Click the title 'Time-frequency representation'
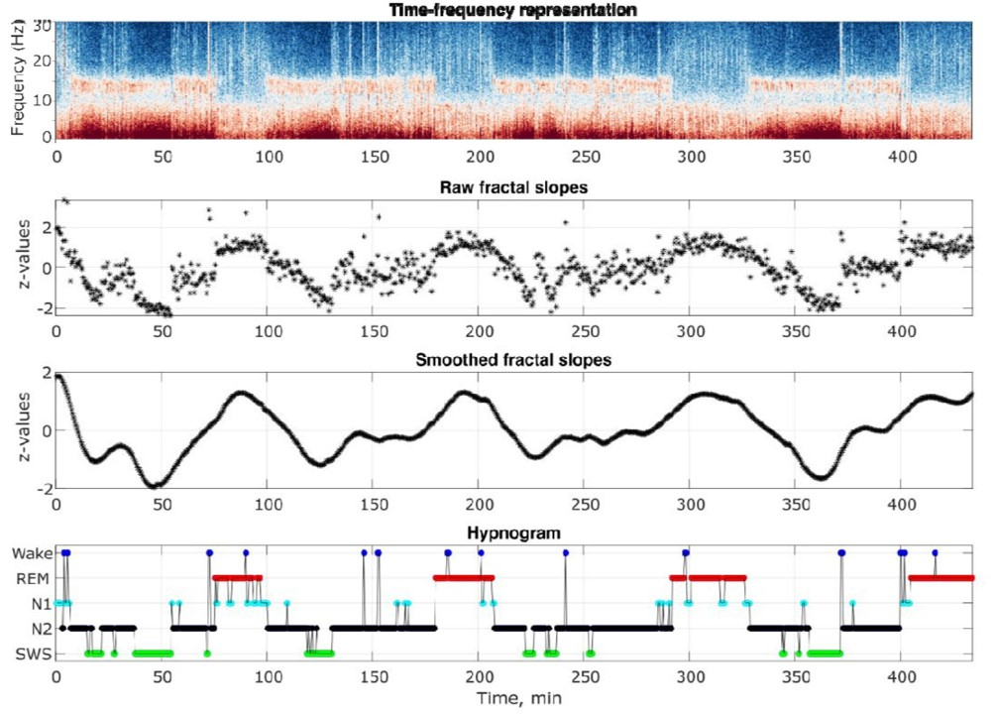[x=513, y=10]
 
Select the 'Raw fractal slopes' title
[x=514, y=185]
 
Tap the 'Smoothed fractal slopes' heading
[x=513, y=359]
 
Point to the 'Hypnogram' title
[x=514, y=534]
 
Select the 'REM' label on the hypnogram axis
[x=31, y=577]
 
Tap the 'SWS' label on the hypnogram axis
[x=31, y=654]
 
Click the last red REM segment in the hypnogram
[x=942, y=577]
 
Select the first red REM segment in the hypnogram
[x=237, y=577]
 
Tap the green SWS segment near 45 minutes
[x=153, y=654]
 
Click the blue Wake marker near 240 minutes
[x=565, y=552]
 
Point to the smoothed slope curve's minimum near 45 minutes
[x=152, y=486]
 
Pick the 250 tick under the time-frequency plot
[x=584, y=156]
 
